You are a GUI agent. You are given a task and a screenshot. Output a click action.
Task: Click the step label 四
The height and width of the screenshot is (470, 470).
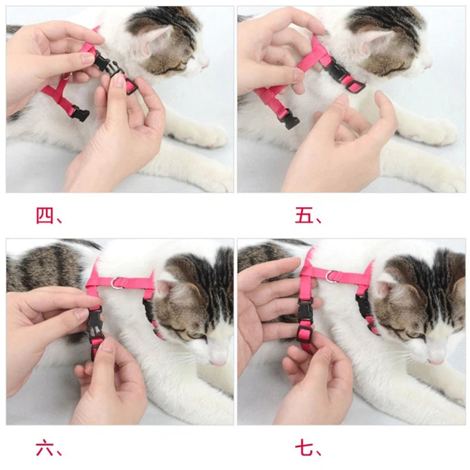click(x=45, y=216)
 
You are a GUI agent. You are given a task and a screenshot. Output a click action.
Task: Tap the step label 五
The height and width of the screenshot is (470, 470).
click(x=304, y=216)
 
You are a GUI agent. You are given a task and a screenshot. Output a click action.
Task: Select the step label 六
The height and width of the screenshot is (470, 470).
click(x=45, y=449)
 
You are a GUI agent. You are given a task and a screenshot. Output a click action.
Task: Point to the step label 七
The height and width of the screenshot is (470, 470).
click(x=304, y=449)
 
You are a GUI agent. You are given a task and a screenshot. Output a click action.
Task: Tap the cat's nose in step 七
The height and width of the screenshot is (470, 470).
click(x=436, y=358)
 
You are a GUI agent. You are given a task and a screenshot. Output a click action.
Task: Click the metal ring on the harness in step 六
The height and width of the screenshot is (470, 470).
click(x=118, y=283)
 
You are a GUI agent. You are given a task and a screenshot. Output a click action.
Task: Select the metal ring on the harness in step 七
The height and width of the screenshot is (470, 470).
click(x=333, y=276)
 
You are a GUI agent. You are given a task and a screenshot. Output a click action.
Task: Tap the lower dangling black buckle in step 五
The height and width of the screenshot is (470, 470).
click(x=289, y=120)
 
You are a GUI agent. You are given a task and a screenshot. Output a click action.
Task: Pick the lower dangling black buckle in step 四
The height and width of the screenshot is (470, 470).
click(x=80, y=113)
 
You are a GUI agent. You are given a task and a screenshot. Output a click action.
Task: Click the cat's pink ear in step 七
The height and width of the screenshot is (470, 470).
click(x=385, y=288)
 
